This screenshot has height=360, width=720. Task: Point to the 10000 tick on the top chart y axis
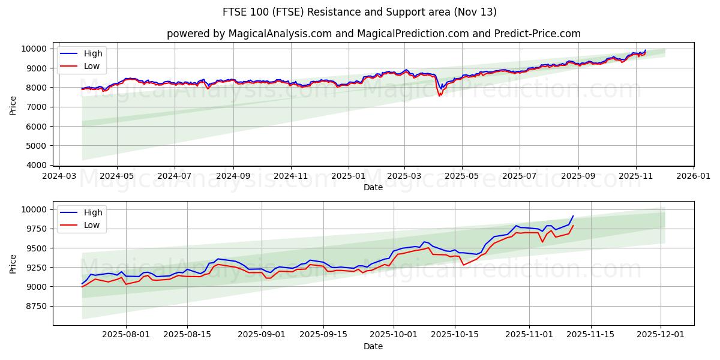point(34,49)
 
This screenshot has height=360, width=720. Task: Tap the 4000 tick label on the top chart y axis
point(37,165)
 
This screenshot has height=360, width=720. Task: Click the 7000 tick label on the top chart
point(37,107)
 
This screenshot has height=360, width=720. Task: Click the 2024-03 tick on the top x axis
point(59,177)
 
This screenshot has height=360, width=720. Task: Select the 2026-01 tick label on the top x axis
point(693,177)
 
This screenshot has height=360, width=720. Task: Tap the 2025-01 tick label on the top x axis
point(348,177)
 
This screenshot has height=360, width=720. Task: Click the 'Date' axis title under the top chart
point(373,187)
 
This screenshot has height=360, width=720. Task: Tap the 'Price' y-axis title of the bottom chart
point(13,263)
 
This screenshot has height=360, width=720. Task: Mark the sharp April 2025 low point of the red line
point(439,96)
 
